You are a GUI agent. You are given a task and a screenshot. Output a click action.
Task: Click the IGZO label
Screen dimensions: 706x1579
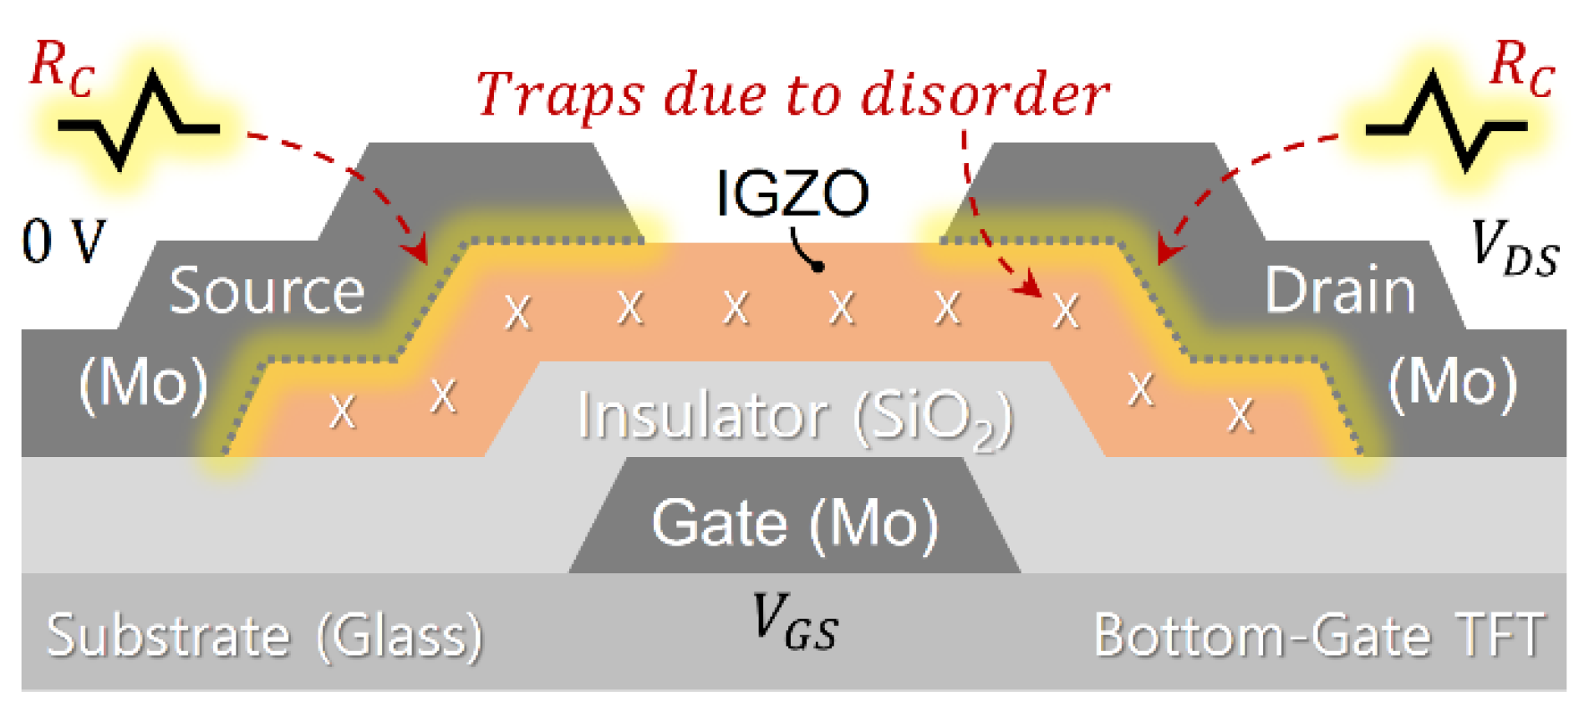coord(792,194)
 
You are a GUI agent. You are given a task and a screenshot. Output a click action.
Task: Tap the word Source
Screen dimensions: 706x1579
coord(267,291)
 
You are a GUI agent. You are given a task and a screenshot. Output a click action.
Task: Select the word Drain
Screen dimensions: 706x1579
coord(1340,291)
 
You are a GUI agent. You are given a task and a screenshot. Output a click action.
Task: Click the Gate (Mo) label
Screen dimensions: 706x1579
coord(794,524)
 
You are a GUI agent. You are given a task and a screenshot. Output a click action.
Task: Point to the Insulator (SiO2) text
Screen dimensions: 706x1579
coord(794,415)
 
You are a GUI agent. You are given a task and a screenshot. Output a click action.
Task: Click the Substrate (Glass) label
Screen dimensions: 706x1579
coord(264,637)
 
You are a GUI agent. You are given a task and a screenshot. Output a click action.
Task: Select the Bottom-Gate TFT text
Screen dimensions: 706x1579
coord(1319,635)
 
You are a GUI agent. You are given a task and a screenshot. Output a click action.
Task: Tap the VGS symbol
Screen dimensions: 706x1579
coord(794,622)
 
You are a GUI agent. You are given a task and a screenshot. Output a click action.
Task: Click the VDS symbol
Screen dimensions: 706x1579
coord(1514,247)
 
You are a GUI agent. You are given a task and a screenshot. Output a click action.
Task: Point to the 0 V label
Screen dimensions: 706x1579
coord(64,242)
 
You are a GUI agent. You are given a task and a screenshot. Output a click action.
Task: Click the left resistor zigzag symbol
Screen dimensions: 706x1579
coord(139,122)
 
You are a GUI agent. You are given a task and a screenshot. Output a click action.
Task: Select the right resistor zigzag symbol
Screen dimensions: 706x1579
coord(1445,122)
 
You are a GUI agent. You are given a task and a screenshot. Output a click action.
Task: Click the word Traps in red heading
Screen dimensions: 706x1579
coord(560,94)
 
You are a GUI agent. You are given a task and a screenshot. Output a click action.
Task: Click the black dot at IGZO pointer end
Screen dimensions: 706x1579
coord(819,267)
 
